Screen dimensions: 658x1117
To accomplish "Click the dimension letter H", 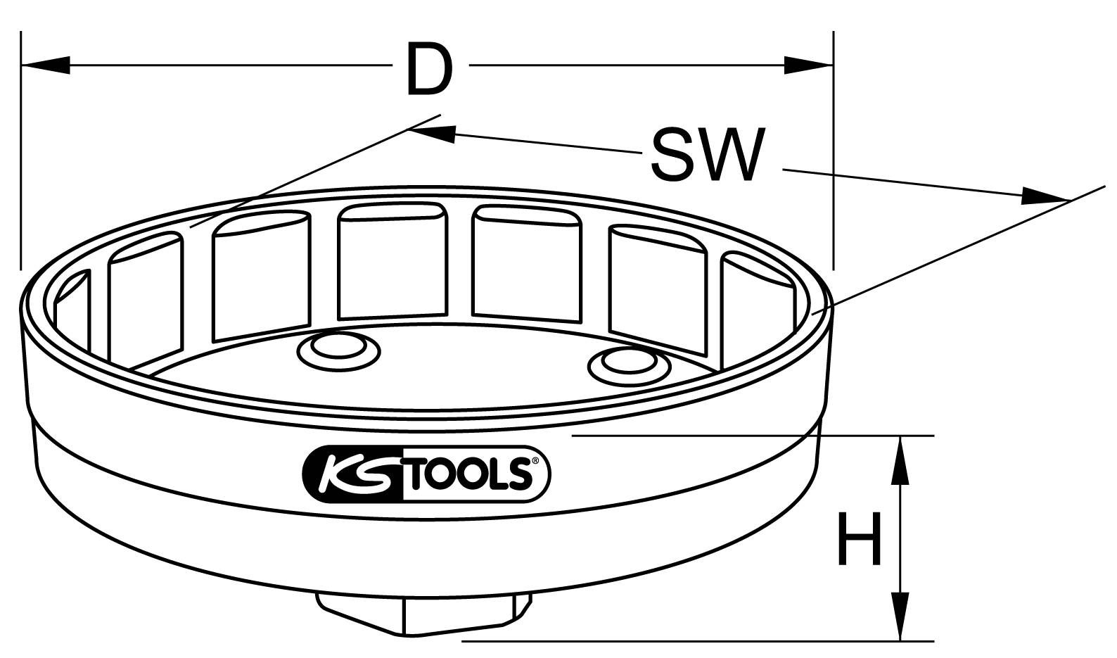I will pos(858,538).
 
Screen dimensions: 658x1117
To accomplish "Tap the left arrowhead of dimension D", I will pos(46,65).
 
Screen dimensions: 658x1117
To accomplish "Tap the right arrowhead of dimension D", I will pos(809,65).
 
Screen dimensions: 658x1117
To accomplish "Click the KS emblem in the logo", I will pos(351,474).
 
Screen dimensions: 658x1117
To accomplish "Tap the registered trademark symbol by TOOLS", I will pos(535,462).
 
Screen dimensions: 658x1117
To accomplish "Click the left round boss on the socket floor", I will pos(338,348).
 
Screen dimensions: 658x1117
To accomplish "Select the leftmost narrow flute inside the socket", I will pos(72,310).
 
